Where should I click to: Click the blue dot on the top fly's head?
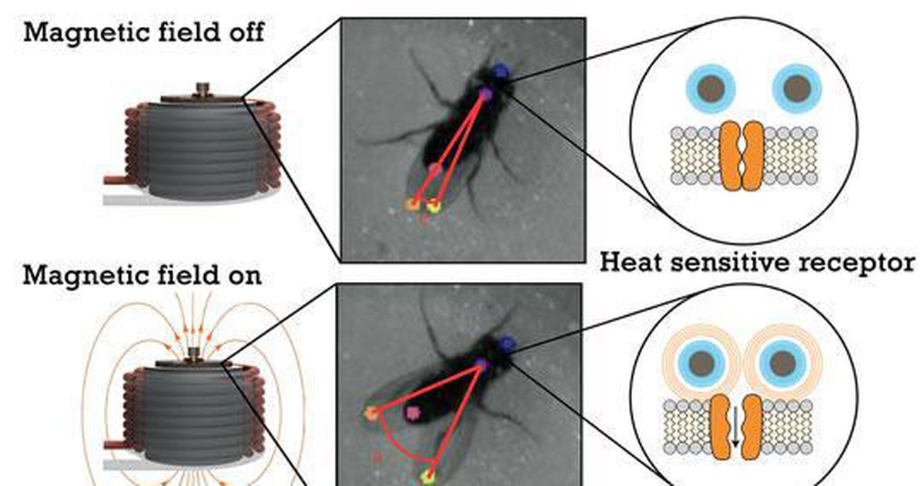point(500,71)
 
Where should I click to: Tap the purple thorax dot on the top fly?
point(487,94)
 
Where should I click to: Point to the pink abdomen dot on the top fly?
point(435,169)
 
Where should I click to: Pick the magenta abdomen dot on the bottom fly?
point(413,413)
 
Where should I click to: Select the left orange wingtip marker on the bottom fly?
point(371,413)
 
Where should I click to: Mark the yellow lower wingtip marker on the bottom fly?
point(429,478)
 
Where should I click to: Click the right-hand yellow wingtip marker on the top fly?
point(433,206)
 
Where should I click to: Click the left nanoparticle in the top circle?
point(711,89)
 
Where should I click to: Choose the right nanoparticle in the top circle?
point(797,89)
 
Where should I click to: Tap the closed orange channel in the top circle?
point(742,156)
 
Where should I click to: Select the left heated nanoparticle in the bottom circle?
point(702,364)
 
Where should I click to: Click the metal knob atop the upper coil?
point(203,89)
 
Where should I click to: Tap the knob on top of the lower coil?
point(194,354)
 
